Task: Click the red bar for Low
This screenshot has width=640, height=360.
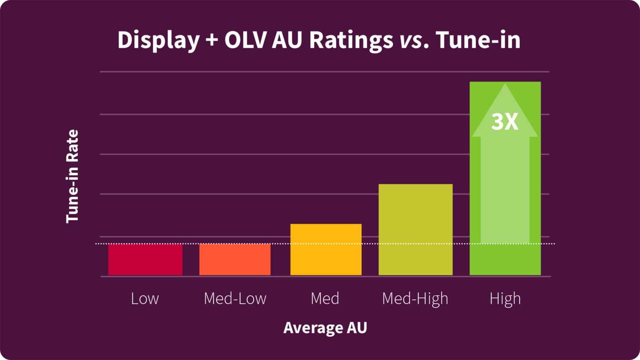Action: pos(145,259)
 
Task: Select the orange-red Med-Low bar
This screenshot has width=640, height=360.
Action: pos(235,259)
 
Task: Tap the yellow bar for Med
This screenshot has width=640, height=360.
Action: pos(326,250)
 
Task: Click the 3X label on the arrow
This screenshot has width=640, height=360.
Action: pos(505,122)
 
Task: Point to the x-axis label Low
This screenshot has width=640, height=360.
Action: pos(145,299)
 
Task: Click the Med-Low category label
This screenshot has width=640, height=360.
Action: pos(235,299)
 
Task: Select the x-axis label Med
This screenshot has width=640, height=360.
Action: pos(325,299)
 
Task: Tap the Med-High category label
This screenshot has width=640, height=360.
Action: pos(415,299)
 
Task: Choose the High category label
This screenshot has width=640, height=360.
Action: pos(505,299)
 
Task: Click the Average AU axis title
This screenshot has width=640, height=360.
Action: pos(325,328)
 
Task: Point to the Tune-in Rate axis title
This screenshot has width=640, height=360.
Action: pos(73,176)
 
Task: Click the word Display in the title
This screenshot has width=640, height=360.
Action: pos(158,40)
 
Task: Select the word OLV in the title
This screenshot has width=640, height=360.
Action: pos(245,40)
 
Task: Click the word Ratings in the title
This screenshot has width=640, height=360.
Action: pos(351,40)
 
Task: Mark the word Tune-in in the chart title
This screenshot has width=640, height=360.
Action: pos(478,40)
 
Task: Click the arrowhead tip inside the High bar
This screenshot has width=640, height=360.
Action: pos(505,85)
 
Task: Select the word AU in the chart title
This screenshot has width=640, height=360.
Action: pos(288,40)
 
